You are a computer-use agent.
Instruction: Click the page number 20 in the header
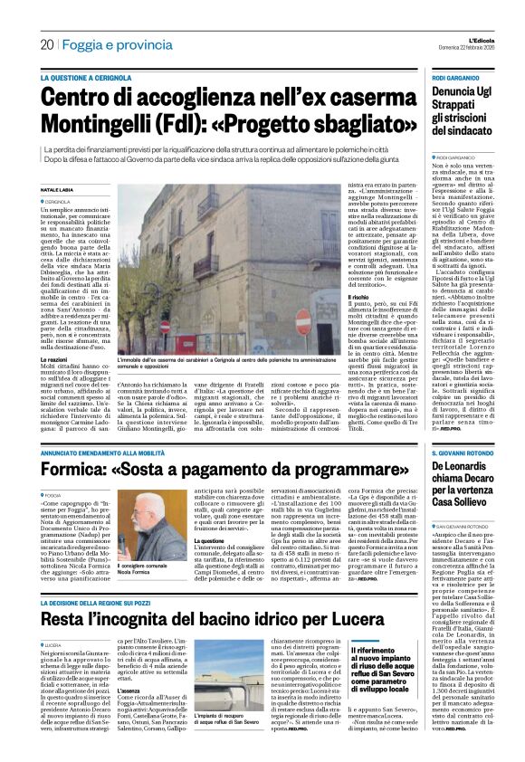(46, 44)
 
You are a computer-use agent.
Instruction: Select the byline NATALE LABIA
(62, 189)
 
